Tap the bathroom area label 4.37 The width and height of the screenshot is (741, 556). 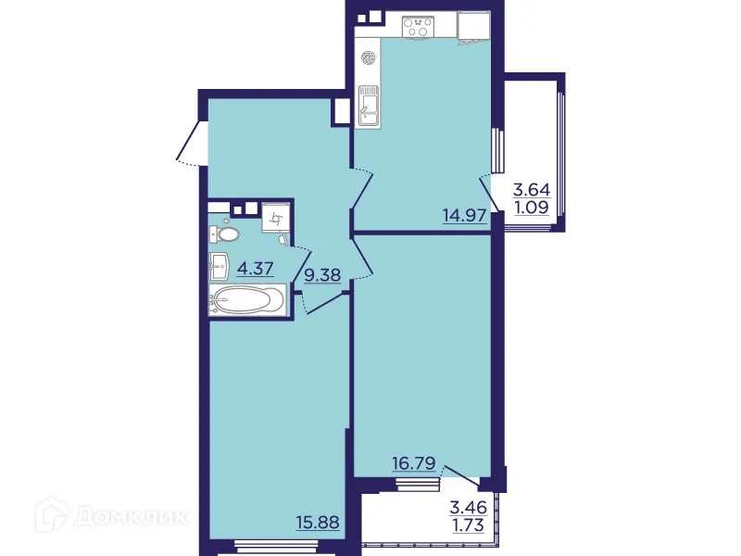[256, 270]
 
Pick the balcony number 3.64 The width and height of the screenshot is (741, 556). [531, 190]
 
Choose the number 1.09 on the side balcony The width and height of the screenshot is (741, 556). [531, 208]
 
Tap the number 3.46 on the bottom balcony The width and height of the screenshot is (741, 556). [468, 507]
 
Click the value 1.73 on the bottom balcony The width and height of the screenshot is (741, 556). [468, 525]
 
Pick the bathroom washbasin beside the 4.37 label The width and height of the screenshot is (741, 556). [220, 266]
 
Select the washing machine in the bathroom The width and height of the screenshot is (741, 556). [276, 219]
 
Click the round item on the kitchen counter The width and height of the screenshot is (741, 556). [368, 57]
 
